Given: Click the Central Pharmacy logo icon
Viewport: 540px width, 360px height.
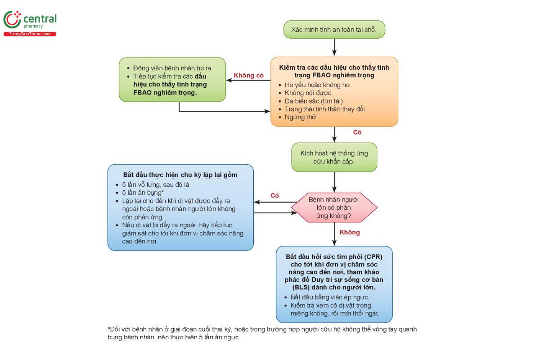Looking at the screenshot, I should [x=12, y=20].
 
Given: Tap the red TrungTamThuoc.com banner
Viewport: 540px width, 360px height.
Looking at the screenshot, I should [x=30, y=34].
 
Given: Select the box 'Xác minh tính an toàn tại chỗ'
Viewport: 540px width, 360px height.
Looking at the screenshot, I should [x=334, y=30].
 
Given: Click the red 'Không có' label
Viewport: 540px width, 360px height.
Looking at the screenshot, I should [x=248, y=76].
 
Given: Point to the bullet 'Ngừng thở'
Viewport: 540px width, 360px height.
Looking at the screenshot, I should [x=300, y=117].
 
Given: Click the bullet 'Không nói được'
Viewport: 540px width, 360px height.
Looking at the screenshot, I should [x=307, y=93].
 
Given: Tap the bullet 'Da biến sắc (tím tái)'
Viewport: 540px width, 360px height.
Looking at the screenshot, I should [x=314, y=101].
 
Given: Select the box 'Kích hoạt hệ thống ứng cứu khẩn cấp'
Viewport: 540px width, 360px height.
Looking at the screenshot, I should [x=334, y=157].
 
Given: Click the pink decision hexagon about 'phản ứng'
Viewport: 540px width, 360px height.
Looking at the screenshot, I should [x=334, y=207].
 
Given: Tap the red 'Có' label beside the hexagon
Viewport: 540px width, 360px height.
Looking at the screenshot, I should [x=274, y=195].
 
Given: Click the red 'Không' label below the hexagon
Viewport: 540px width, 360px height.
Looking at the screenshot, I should [x=350, y=232].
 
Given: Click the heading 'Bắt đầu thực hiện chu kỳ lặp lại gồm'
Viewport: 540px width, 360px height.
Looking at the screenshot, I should [x=180, y=175].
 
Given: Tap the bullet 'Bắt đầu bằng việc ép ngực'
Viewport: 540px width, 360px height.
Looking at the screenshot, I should [x=330, y=297].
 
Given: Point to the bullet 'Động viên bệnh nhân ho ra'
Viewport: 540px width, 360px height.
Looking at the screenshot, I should [x=173, y=68].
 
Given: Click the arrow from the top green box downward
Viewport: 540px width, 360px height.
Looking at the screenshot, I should [x=334, y=47].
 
